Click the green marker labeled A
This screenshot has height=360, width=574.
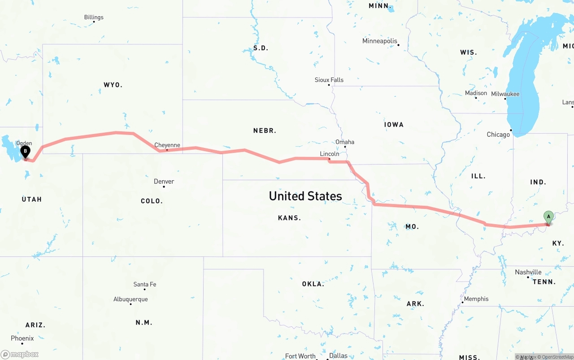(x=548, y=217)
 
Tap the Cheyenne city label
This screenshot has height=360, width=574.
(x=167, y=145)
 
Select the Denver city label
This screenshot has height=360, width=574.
(x=164, y=182)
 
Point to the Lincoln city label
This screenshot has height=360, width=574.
(x=329, y=154)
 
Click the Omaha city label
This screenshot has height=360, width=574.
(x=344, y=142)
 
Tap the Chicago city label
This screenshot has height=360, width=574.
(x=498, y=134)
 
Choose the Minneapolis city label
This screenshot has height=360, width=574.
(x=379, y=41)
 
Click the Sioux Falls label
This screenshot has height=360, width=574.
(x=329, y=80)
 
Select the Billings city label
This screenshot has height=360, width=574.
(x=94, y=17)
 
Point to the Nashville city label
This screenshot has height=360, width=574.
(x=528, y=272)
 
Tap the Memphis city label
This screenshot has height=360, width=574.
(x=476, y=299)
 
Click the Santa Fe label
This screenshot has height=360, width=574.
(x=144, y=284)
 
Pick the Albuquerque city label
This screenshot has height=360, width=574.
(x=130, y=299)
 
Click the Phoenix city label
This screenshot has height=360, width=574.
(x=22, y=338)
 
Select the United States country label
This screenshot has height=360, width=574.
(x=305, y=196)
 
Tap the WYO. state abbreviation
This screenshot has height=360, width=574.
(x=113, y=85)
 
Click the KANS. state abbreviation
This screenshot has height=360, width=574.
(x=289, y=218)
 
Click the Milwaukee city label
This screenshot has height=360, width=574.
(x=505, y=94)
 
